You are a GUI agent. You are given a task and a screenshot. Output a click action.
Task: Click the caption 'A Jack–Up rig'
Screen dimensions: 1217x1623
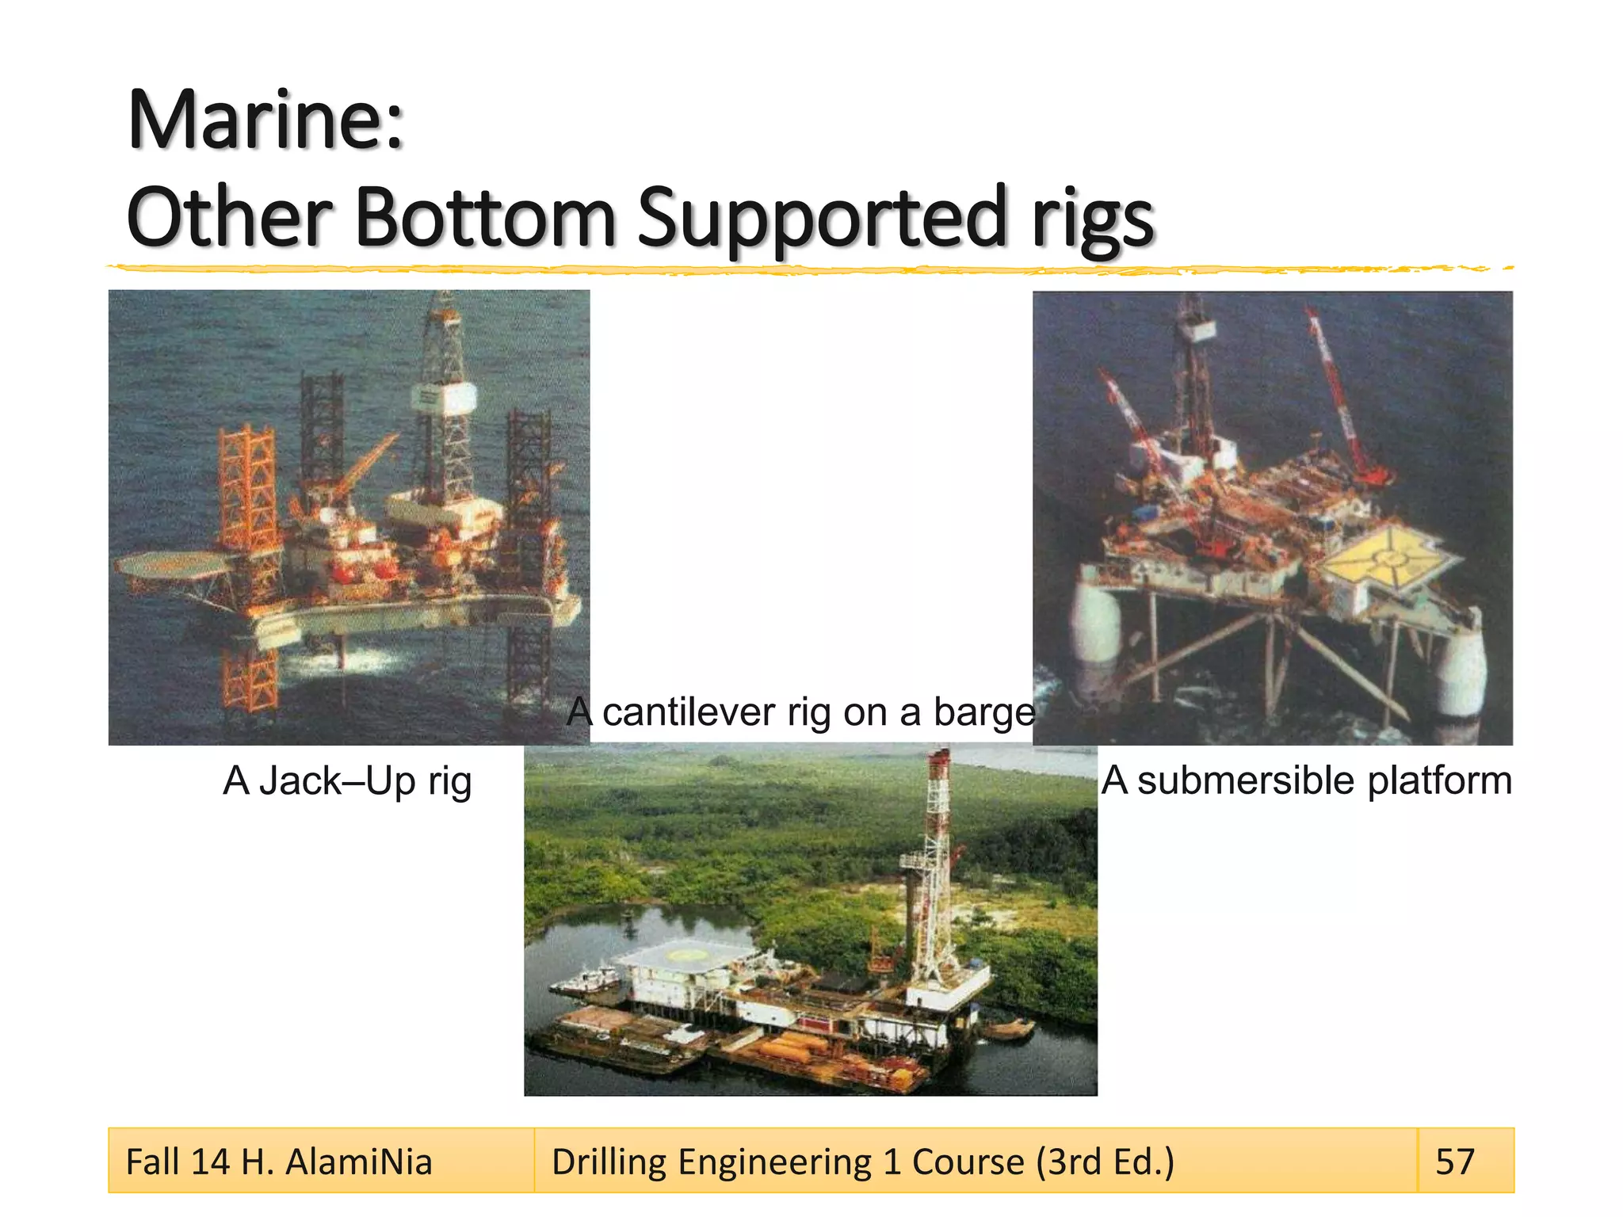point(347,781)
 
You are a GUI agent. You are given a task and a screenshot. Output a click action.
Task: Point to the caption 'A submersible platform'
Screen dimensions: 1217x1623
point(1306,780)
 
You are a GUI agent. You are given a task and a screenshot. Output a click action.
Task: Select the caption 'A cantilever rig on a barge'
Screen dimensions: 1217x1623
point(801,712)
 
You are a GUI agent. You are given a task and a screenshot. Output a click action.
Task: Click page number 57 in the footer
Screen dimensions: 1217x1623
point(1455,1162)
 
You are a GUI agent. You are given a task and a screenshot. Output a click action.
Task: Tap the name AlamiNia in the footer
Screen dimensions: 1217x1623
point(358,1162)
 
